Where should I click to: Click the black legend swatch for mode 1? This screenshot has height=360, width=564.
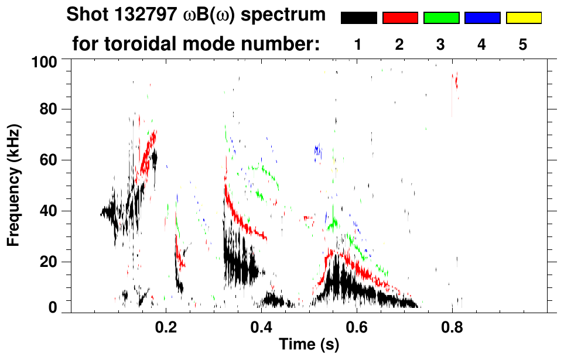point(359,18)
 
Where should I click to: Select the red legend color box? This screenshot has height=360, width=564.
point(400,18)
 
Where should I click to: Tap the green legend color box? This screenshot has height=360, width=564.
point(441,18)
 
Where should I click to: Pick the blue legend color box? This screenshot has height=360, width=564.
point(482,18)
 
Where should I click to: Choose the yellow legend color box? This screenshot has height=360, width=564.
point(523,18)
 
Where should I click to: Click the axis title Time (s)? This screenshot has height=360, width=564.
point(308,345)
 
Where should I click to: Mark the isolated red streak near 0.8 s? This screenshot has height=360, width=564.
point(456,80)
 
